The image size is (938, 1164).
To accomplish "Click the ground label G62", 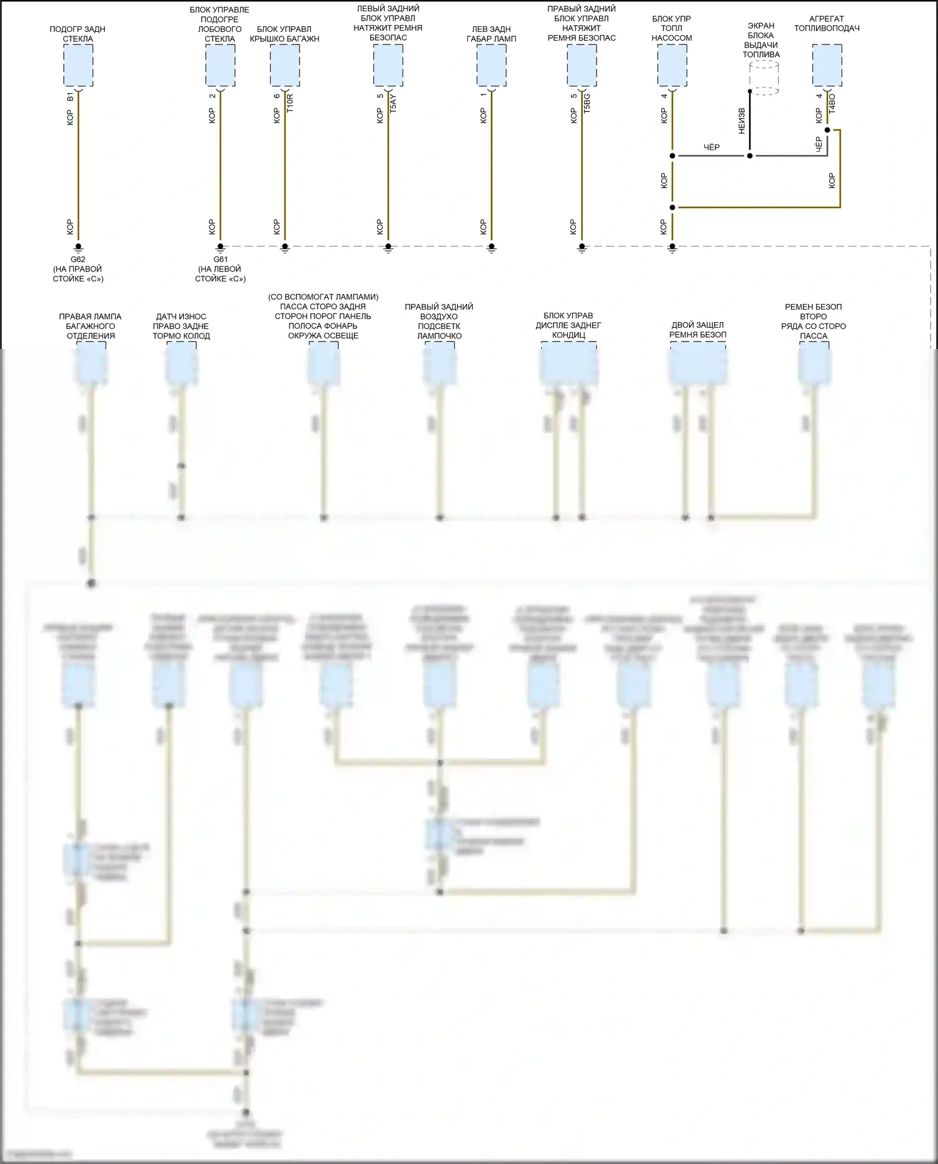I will tap(78, 260).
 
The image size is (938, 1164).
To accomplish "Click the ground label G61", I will tap(220, 260).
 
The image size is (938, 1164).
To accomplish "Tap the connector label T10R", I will tap(290, 103).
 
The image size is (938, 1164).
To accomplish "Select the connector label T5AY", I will tap(393, 103).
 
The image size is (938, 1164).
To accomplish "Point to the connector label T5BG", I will tap(587, 103).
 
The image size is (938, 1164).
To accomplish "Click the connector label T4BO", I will tap(832, 103).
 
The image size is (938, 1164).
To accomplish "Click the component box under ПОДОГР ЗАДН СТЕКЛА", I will tap(78, 66).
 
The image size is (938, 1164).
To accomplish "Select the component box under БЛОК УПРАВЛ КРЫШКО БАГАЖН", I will tap(285, 66).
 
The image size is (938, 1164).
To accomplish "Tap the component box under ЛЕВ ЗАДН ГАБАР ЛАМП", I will tap(492, 66).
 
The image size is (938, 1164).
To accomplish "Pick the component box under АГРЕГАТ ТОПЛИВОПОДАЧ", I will tap(827, 66).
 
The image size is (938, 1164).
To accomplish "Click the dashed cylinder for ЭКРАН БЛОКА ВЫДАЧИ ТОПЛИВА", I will tap(764, 78).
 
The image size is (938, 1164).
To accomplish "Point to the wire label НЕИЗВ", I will tap(742, 121).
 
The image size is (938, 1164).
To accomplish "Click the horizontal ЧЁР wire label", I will tap(712, 148).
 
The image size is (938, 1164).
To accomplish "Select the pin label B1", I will tap(70, 97).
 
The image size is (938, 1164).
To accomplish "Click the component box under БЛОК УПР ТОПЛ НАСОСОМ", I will tap(672, 66).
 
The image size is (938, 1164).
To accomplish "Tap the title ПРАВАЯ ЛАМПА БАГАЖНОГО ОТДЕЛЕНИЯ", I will tap(91, 326).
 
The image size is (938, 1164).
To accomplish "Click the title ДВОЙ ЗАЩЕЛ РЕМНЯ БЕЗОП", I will tap(698, 330).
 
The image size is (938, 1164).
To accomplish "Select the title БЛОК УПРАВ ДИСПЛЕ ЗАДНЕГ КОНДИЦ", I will tap(568, 325).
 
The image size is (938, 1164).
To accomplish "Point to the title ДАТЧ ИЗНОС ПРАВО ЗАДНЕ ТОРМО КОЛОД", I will tap(181, 326).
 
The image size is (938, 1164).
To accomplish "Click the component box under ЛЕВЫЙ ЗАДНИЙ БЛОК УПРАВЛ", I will tap(388, 66).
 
